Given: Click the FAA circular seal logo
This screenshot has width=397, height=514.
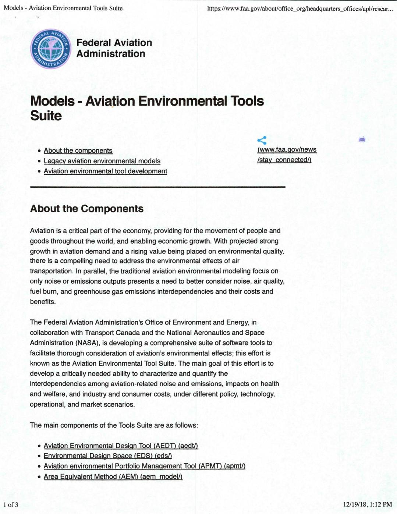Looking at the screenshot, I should [51, 49].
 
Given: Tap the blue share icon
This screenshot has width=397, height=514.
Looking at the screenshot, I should [262, 140].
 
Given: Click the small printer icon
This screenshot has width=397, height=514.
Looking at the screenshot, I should [362, 139].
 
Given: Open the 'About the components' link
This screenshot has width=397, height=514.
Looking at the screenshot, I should [78, 150].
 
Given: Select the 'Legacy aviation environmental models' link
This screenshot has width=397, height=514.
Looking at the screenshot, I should [102, 161].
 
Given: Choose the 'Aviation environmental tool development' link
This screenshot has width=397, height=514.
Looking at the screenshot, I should [105, 171].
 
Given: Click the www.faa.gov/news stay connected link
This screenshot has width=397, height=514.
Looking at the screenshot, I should [287, 155].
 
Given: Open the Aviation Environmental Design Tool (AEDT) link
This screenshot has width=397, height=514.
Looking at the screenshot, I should [121, 446].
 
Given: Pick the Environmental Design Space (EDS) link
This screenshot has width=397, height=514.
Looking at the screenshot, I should [108, 456].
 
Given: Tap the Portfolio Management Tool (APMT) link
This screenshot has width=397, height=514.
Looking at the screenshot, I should [144, 466].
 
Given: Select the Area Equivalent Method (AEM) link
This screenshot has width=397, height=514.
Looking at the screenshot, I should [113, 476].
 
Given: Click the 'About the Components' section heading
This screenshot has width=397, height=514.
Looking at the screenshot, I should [87, 209].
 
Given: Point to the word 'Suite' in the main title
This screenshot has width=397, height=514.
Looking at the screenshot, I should [46, 116].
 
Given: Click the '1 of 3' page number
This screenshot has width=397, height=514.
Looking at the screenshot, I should [11, 504].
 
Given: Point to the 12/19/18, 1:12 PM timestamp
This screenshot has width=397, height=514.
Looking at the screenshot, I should [367, 504].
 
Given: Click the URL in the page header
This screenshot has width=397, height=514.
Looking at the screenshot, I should [299, 8].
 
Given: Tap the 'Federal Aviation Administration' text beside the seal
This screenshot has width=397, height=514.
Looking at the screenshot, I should [114, 48].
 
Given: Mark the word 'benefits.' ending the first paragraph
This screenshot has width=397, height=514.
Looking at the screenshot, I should [43, 302].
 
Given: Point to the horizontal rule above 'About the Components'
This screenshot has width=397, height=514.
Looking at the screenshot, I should [157, 187].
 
